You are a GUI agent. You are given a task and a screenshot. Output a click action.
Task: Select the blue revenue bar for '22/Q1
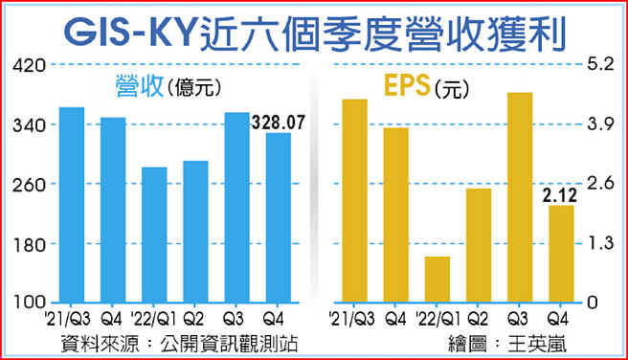point(154,235)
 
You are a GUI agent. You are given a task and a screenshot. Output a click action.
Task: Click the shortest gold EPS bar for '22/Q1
point(437,279)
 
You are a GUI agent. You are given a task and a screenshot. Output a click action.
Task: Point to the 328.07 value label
point(278,123)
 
